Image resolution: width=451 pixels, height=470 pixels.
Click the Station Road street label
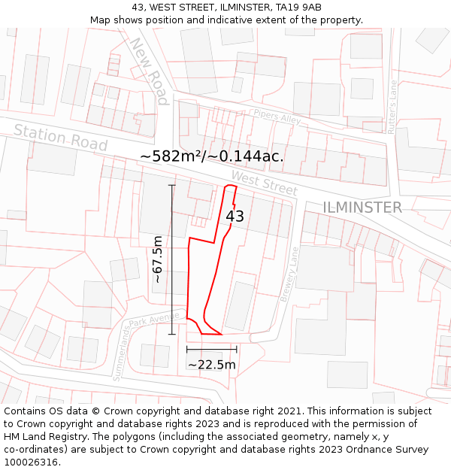61,138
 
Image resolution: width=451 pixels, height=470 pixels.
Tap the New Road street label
148,71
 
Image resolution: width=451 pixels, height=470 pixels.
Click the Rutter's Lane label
392,108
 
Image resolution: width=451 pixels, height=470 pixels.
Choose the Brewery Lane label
289,274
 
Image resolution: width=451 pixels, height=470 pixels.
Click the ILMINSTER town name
362,207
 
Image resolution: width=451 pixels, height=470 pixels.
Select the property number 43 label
235,217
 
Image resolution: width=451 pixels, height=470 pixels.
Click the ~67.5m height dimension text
158,259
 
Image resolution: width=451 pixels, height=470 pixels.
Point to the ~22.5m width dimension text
212,365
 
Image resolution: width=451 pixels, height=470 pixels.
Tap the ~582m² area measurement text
211,156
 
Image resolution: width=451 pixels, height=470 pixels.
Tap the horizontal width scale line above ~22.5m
211,349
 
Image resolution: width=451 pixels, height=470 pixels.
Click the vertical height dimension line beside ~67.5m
172,259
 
